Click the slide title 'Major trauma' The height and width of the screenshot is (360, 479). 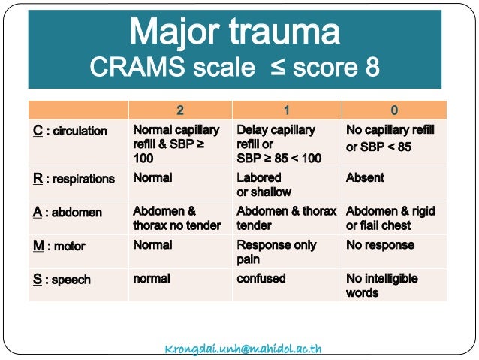click(x=234, y=32)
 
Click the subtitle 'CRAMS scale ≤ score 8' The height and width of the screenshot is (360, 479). click(x=234, y=68)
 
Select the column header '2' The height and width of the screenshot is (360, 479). click(x=180, y=110)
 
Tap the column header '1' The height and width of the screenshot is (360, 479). click(x=286, y=110)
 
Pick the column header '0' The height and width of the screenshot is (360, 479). click(x=393, y=110)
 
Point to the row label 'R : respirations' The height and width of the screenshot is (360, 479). click(x=74, y=179)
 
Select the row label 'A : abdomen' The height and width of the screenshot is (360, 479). click(x=67, y=212)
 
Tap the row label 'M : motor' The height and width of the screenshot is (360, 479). click(x=59, y=246)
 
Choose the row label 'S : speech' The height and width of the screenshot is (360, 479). click(x=62, y=280)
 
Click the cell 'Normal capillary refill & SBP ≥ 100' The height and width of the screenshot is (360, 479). click(x=176, y=144)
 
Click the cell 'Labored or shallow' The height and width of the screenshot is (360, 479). click(x=264, y=185)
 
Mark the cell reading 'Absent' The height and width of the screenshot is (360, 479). click(x=365, y=178)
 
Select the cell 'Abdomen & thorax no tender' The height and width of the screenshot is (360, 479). click(x=177, y=218)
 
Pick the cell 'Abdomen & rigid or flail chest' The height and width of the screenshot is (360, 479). click(x=390, y=218)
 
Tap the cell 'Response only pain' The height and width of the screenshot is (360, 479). click(x=276, y=252)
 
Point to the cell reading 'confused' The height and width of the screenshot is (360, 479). click(x=261, y=278)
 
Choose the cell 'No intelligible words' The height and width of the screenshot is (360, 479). click(x=381, y=286)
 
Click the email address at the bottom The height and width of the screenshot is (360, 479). click(x=243, y=349)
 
